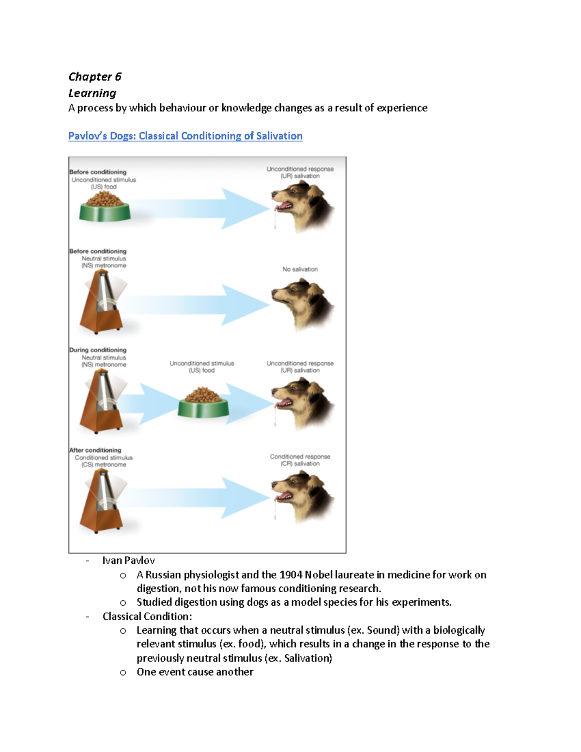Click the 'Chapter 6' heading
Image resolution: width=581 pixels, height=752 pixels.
[95, 77]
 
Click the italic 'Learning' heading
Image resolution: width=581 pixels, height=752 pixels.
[92, 93]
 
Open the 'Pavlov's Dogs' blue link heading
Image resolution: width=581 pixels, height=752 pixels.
[185, 136]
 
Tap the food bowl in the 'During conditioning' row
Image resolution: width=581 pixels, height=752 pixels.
[203, 402]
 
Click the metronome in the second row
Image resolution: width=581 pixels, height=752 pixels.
[102, 303]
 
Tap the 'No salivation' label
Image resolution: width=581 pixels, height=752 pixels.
[300, 269]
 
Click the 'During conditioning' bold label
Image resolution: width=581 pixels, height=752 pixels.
[98, 350]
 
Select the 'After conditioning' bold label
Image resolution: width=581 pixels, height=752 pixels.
[95, 450]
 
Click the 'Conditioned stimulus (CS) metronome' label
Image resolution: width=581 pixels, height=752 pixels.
[104, 461]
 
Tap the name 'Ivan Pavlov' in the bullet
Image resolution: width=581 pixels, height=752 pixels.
[128, 560]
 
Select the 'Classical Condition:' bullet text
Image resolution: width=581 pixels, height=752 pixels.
[147, 616]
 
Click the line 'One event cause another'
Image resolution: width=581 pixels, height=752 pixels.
[195, 672]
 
